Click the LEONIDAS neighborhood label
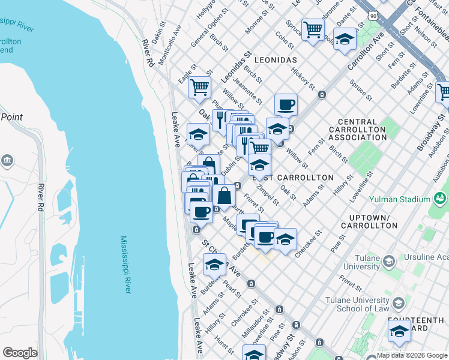pyautogui.click(x=276, y=61)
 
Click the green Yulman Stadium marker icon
pyautogui.click(x=441, y=198)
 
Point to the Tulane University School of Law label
pyautogui.click(x=357, y=304)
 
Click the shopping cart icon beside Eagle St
pyautogui.click(x=199, y=86)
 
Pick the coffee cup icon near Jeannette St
pyautogui.click(x=286, y=104)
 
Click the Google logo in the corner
pyautogui.click(x=20, y=353)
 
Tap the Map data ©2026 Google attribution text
pyautogui.click(x=412, y=355)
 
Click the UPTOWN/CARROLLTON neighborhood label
pyautogui.click(x=369, y=221)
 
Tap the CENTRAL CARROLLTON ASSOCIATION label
pyautogui.click(x=358, y=130)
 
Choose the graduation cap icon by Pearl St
pyautogui.click(x=214, y=263)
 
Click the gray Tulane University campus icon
pyautogui.click(x=389, y=262)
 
